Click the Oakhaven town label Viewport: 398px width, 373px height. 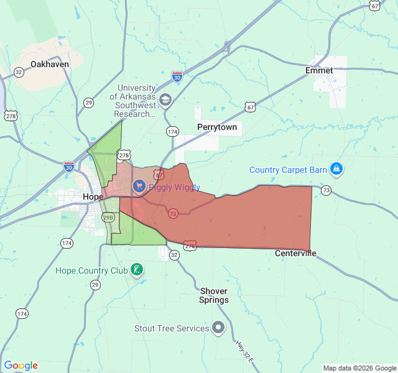click(x=49, y=64)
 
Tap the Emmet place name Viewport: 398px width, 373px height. click(x=319, y=70)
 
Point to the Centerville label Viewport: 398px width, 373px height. click(x=295, y=253)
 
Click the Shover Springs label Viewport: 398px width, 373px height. click(x=213, y=295)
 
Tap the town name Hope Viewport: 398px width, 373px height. click(x=93, y=196)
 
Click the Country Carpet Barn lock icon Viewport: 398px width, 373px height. click(x=336, y=168)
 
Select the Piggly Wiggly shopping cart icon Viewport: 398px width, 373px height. click(x=139, y=186)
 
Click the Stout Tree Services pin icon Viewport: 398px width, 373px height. click(x=218, y=327)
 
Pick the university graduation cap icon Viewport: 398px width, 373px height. click(x=165, y=100)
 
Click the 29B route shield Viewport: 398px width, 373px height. click(x=108, y=218)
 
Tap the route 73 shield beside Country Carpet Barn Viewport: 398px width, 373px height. click(x=326, y=190)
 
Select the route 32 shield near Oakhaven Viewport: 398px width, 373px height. click(x=19, y=72)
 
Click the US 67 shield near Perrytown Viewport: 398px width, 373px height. click(x=250, y=107)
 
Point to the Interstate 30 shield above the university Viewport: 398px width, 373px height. click(x=177, y=76)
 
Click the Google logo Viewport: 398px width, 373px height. click(x=21, y=366)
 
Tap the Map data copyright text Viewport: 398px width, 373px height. click(x=359, y=368)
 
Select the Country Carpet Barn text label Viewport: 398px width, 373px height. click(x=289, y=170)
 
